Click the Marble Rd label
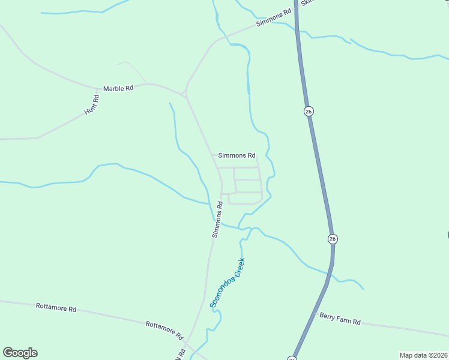[x=118, y=88]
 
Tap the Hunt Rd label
[x=91, y=105]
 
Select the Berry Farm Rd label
[x=340, y=319]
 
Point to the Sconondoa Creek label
[x=228, y=283]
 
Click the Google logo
[x=20, y=353]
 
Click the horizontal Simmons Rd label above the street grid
[x=237, y=155]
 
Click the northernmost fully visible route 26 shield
[x=309, y=112]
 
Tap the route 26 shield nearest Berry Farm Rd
[x=333, y=239]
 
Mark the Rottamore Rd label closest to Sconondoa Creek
[x=164, y=328]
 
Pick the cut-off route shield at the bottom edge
[x=292, y=358]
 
